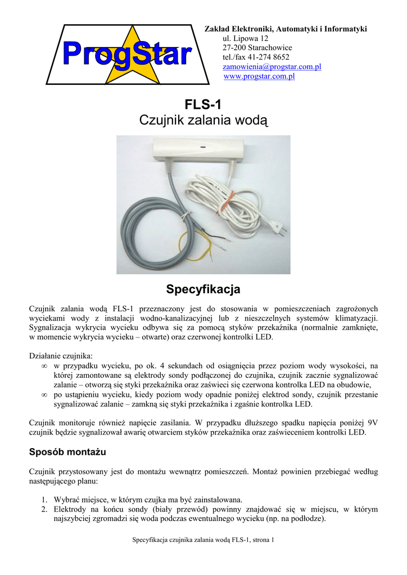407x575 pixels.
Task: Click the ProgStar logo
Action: [127, 55]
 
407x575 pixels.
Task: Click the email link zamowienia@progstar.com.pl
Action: [264, 67]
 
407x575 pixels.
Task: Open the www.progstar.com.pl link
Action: [259, 76]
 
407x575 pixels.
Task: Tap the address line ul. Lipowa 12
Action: [246, 38]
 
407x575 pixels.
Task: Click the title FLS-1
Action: [203, 105]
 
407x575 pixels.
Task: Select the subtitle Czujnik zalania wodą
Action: [203, 120]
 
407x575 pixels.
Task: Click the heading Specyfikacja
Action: [203, 290]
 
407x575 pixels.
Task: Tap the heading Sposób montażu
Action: [67, 451]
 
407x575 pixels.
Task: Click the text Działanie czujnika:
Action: [61, 355]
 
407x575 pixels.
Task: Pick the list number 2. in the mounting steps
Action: [44, 509]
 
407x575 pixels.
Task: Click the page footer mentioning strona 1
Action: [203, 540]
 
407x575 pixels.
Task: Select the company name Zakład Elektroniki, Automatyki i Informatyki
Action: [285, 29]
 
